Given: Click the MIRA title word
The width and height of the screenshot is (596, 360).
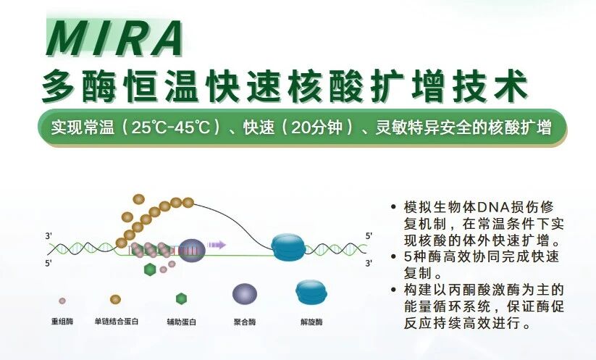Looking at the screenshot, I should [x=114, y=38].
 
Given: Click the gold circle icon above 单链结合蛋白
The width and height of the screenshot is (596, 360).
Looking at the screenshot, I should [x=115, y=299].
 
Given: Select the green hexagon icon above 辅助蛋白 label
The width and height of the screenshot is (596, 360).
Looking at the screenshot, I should [x=181, y=298].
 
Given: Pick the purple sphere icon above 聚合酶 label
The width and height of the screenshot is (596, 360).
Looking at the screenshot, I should [x=244, y=293].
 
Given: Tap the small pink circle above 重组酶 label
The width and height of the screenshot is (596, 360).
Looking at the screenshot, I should [x=63, y=299].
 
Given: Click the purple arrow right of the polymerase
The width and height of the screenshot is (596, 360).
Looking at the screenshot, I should [x=217, y=245].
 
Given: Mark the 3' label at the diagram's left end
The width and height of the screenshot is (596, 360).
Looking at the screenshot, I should [x=49, y=236].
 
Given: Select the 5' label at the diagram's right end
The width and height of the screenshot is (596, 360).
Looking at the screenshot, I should [x=369, y=236].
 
